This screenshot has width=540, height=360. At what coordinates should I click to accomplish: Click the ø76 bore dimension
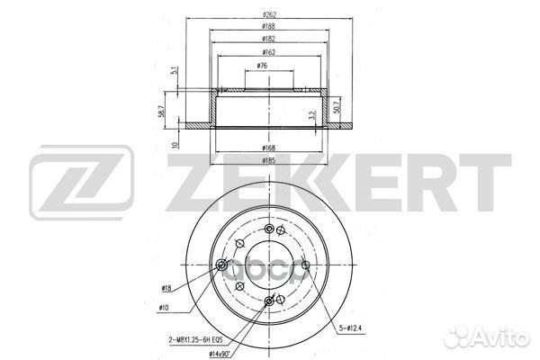(x=262, y=66)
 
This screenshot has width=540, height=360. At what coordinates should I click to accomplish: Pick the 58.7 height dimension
(x=161, y=111)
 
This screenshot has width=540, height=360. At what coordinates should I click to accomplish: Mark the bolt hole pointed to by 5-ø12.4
(x=307, y=265)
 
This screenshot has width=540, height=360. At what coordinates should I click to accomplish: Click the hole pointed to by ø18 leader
(x=223, y=265)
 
